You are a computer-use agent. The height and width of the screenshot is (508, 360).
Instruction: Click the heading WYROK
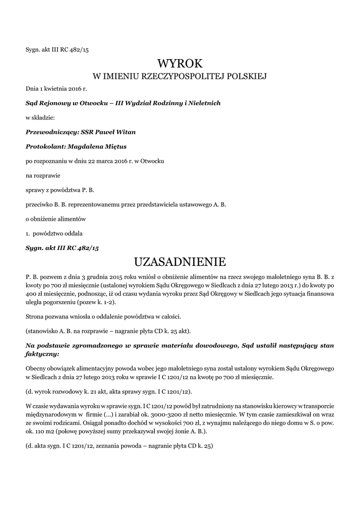tap(180, 63)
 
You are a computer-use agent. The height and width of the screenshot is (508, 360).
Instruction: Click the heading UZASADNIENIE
tap(180, 261)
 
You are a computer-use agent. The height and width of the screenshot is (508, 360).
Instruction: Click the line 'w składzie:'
tap(40, 118)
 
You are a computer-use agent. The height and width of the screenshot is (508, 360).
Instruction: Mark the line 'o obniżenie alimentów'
tap(56, 219)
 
